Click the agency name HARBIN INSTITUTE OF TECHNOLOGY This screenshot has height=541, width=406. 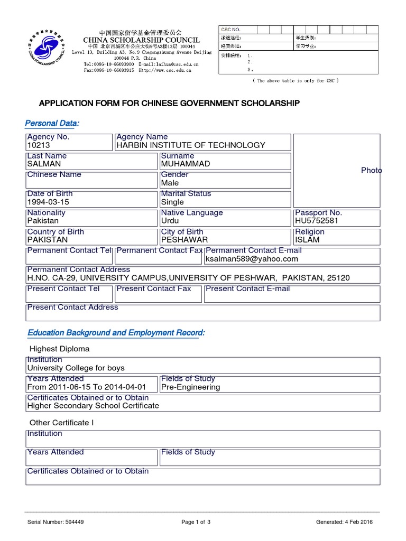(x=191, y=145)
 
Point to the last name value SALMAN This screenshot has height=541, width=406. (x=44, y=164)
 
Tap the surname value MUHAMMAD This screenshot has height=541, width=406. (x=186, y=164)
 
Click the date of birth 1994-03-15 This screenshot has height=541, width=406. (x=48, y=202)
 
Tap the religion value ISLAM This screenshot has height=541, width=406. (x=307, y=240)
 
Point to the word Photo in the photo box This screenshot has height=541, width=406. (x=371, y=170)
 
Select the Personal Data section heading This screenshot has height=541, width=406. (x=52, y=123)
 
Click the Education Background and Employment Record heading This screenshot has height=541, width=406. (x=116, y=332)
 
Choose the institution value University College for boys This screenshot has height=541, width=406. (x=76, y=368)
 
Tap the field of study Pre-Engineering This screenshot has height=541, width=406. (x=190, y=387)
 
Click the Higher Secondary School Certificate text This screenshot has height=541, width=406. (x=93, y=406)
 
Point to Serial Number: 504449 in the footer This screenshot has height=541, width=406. (x=56, y=522)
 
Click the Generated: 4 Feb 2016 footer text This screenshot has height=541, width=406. (x=344, y=522)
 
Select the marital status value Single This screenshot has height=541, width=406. (x=172, y=202)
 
